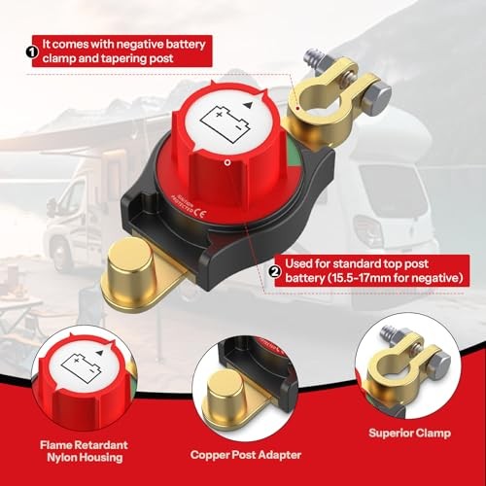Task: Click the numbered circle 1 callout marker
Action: tap(33, 45)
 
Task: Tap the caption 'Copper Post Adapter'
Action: tap(246, 454)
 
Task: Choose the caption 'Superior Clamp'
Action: tap(403, 435)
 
